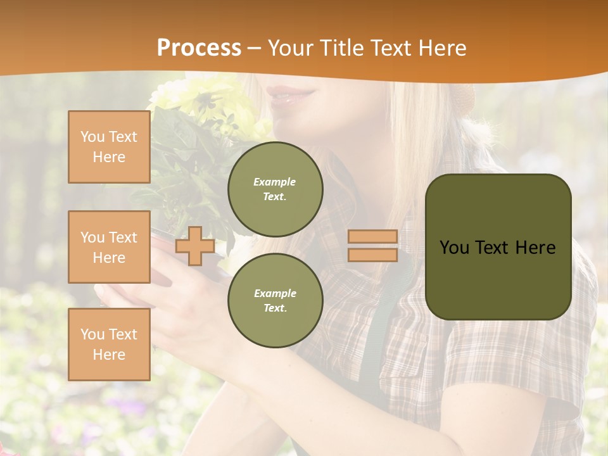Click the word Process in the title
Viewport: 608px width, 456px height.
pyautogui.click(x=199, y=48)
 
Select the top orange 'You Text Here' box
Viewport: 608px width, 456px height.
pyautogui.click(x=109, y=147)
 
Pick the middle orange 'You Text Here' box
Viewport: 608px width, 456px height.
pyautogui.click(x=109, y=247)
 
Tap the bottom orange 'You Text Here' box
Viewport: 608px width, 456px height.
pyautogui.click(x=109, y=345)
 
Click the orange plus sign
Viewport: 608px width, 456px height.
pyautogui.click(x=194, y=246)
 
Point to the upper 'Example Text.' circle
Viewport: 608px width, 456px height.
pyautogui.click(x=275, y=189)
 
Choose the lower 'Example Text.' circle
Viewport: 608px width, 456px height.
pyautogui.click(x=275, y=301)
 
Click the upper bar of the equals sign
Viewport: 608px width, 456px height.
pyautogui.click(x=372, y=236)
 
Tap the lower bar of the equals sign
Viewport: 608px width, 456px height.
pyautogui.click(x=372, y=255)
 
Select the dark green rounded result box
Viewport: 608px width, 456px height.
pyautogui.click(x=498, y=247)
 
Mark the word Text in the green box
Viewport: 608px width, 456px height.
pyautogui.click(x=492, y=248)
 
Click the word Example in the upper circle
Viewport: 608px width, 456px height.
pyautogui.click(x=275, y=182)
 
